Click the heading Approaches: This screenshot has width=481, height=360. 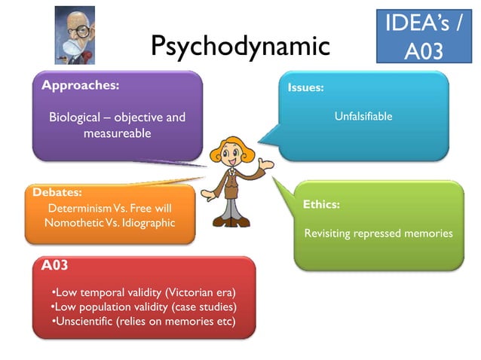coord(80,85)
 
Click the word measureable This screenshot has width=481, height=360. coord(117,133)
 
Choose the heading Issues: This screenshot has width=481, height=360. coord(305,88)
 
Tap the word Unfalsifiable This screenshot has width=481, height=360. coord(363,116)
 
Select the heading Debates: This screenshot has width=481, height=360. coord(57,192)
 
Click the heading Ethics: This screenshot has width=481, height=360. coord(321,204)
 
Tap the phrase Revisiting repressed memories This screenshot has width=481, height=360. coord(378,233)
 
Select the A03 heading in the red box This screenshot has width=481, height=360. coord(56,265)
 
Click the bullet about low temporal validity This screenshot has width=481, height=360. coord(143,292)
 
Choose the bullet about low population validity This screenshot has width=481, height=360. coord(143,307)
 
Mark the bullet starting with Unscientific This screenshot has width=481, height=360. coord(143,322)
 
